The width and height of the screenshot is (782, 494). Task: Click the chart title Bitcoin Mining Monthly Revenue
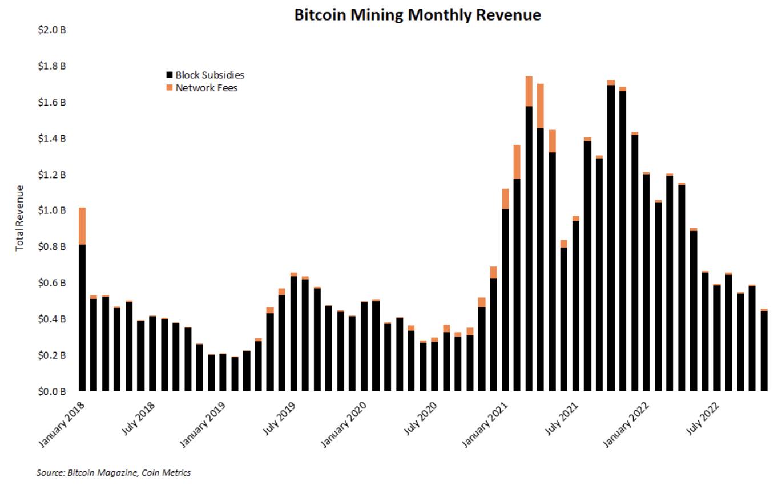pos(417,15)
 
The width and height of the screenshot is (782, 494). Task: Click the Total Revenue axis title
pos(20,217)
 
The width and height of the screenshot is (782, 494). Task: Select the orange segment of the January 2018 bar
pos(82,226)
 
